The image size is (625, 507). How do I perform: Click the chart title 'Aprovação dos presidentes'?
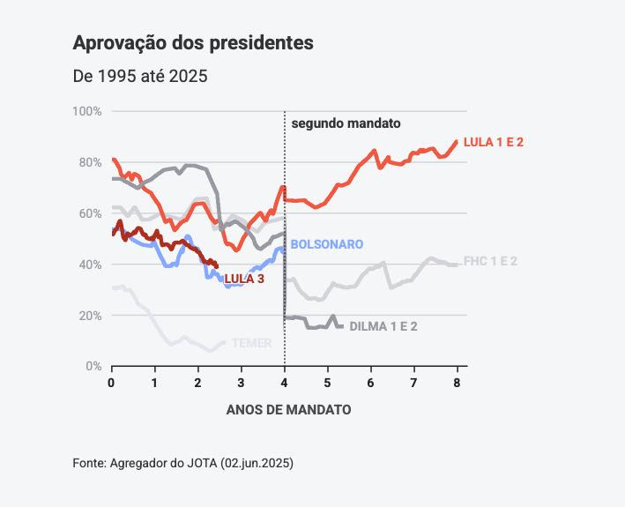point(192,42)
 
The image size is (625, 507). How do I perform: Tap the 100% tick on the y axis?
point(87,111)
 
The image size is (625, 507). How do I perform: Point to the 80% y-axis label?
point(90,162)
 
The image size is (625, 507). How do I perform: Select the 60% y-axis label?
point(90,213)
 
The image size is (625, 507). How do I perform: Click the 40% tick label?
point(90,265)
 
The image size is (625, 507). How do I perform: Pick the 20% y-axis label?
point(90,316)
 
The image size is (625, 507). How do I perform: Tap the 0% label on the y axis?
point(93,366)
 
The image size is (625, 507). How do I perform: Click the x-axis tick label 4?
point(284,383)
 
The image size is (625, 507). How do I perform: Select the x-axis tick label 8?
point(457,383)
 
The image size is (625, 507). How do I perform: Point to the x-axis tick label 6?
point(370,383)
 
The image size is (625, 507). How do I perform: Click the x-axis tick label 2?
point(197,383)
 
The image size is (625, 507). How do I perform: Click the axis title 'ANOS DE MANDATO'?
point(288,410)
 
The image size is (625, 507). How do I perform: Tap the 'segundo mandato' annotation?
point(346,124)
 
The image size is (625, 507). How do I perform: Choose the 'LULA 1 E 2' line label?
point(493,142)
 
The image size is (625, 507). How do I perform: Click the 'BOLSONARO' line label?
point(326,244)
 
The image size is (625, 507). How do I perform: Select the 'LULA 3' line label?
point(244,280)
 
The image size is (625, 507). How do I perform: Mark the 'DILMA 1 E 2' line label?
point(383,326)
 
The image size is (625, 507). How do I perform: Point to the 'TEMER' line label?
point(251,343)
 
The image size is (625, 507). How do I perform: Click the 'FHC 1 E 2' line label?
point(490,262)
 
